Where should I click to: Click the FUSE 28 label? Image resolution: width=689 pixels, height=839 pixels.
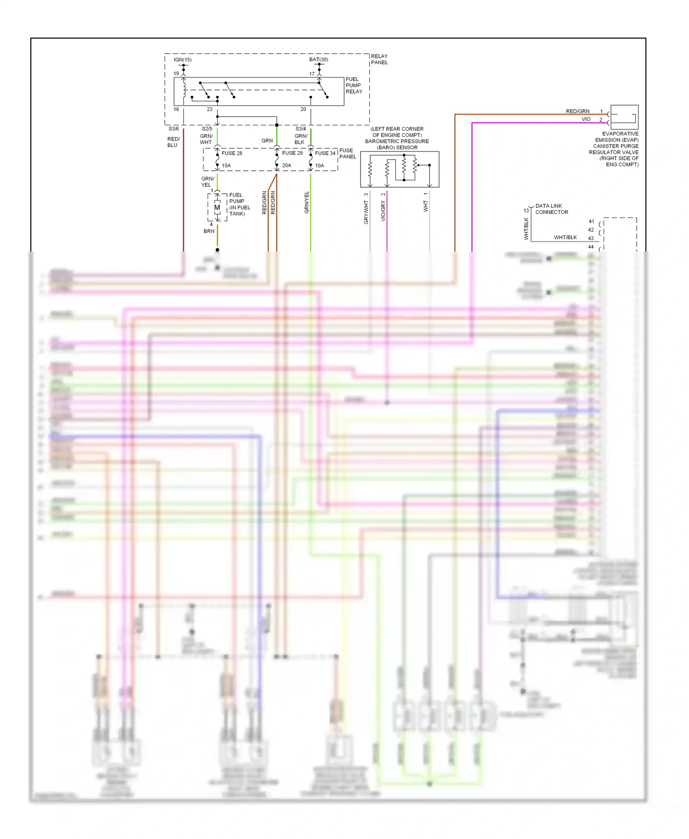point(232,153)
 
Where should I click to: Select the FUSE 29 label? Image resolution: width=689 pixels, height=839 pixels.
point(292,153)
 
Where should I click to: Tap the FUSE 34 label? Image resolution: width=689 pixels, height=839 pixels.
point(325,153)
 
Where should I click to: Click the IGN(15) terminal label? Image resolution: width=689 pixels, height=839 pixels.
point(182,60)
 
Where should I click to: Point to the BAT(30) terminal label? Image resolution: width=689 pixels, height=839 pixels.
point(318,60)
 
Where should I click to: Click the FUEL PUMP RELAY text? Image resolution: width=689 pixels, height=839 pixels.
point(354,85)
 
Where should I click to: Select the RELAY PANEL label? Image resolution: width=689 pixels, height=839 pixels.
point(379,59)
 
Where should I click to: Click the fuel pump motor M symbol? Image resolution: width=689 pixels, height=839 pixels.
point(217,207)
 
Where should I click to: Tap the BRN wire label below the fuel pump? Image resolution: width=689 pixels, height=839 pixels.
point(209,231)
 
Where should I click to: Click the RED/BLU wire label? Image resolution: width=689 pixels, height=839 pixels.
point(173,142)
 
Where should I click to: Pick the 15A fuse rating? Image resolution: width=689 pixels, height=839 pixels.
point(226,166)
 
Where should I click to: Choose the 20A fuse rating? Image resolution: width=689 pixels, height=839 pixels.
point(287,166)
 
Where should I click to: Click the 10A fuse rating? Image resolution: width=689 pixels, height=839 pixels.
point(320,166)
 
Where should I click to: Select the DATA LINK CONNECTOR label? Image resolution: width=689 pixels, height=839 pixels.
point(551,209)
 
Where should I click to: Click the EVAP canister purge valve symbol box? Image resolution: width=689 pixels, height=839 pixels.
point(624,117)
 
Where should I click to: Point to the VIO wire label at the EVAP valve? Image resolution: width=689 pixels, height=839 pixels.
point(586,119)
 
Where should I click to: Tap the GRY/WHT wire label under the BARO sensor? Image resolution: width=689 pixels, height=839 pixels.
point(366,213)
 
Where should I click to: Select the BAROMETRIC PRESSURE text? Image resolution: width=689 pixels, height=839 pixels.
point(397,141)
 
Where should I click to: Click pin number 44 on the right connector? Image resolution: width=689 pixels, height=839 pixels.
point(591,247)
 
